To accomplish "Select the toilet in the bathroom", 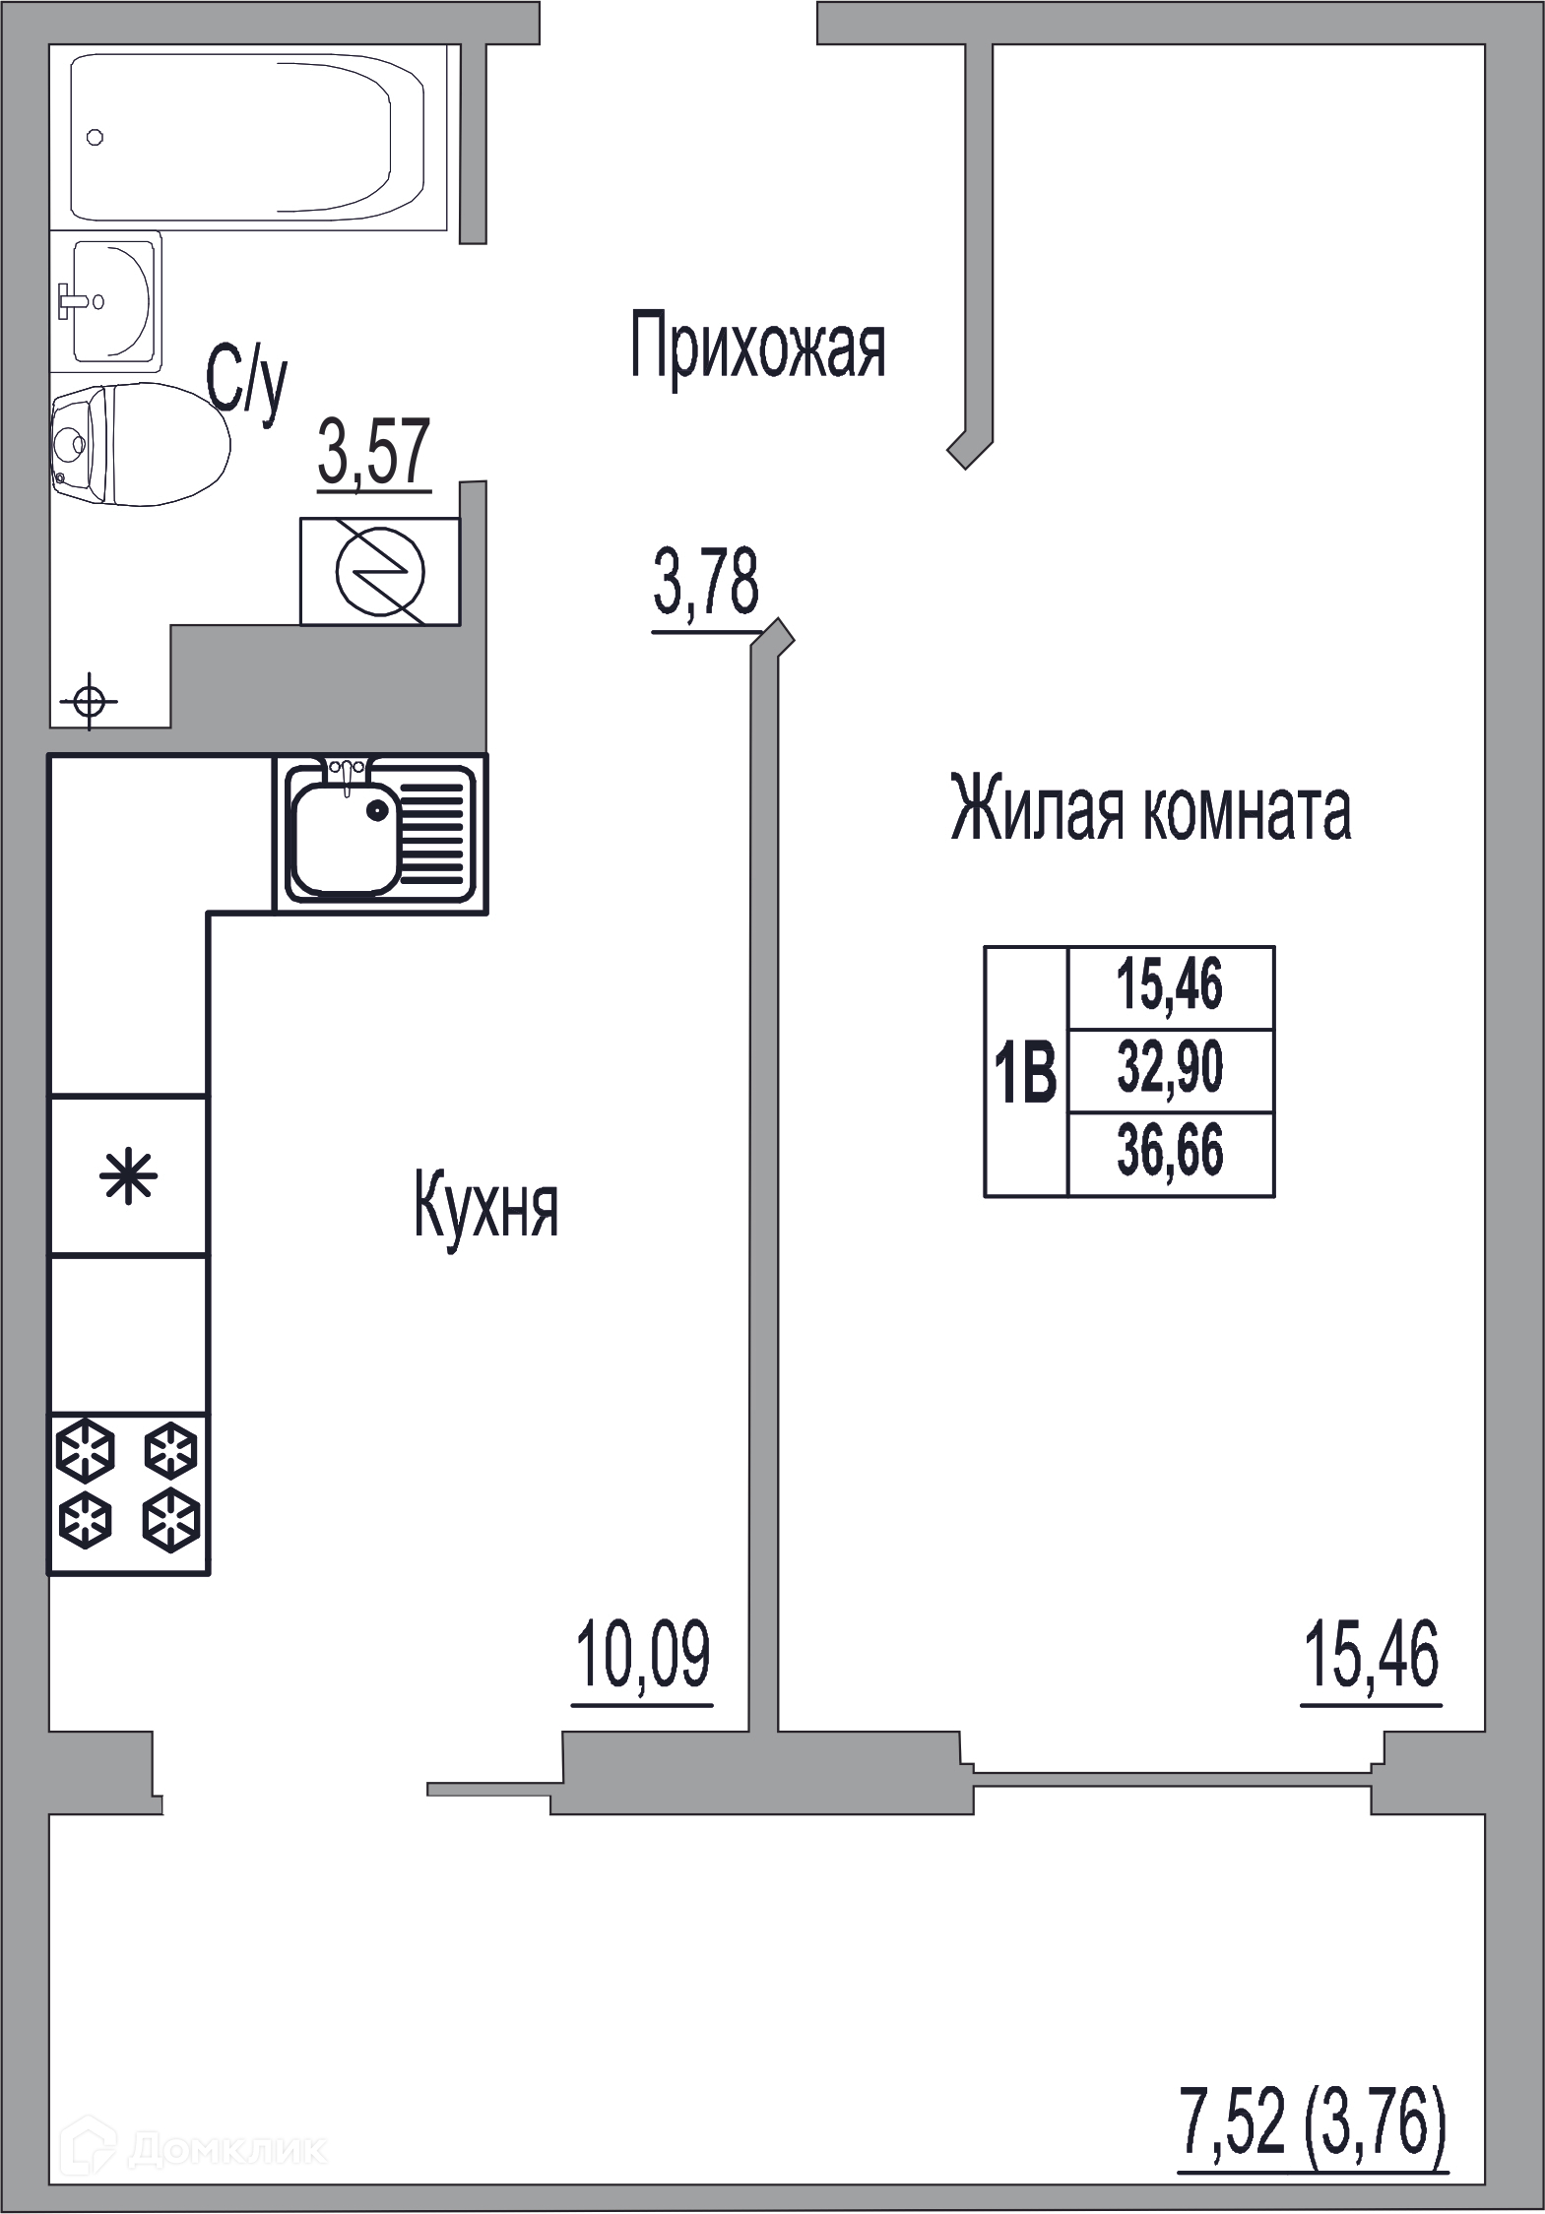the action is point(140,444).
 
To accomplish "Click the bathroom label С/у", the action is point(246,385).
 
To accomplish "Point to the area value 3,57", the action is point(374,455).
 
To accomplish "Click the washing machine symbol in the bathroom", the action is point(379,571).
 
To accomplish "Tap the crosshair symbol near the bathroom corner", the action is point(90,702).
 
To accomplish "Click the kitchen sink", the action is point(380,834).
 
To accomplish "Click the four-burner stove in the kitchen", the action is point(129,1494).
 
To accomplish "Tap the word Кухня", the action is point(486,1209).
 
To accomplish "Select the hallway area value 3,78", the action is point(705,588).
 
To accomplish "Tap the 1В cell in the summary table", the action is point(1026,1072).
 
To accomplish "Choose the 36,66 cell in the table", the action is point(1171,1153).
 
